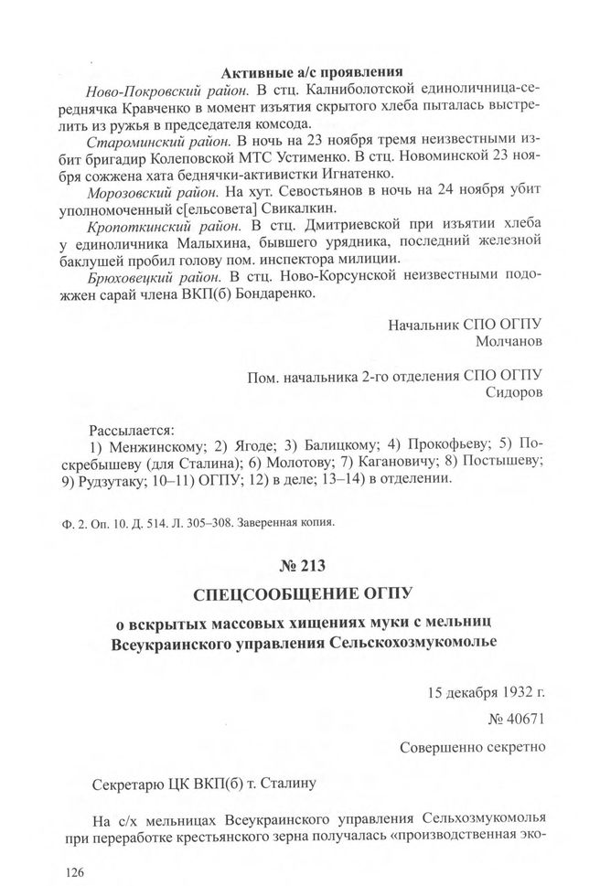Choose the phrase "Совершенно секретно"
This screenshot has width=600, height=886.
(473, 747)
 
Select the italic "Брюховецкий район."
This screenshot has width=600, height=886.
(155, 276)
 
